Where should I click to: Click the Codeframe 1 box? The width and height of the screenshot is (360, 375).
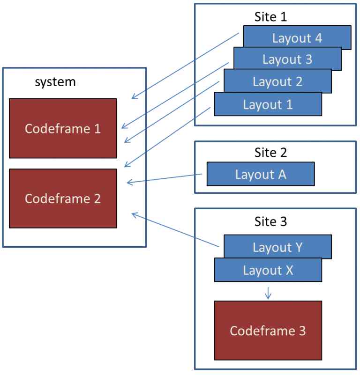(x=63, y=128)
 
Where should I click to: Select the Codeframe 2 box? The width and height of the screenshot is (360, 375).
(x=63, y=198)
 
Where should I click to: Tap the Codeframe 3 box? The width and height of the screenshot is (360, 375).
(x=268, y=331)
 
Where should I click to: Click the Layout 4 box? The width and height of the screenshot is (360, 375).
(x=297, y=38)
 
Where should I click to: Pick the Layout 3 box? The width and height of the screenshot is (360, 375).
(x=287, y=59)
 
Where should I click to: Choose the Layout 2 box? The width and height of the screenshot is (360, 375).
(x=277, y=81)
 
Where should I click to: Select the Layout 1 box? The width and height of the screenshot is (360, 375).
(x=268, y=104)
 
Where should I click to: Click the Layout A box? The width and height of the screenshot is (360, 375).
(x=260, y=174)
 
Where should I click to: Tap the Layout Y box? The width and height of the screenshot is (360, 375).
(x=277, y=247)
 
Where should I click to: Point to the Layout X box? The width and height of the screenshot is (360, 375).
(x=268, y=270)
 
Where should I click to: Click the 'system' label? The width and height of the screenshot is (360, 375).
(x=55, y=82)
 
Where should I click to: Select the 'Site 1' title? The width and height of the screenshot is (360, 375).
(x=270, y=17)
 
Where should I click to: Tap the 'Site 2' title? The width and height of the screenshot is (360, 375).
(x=270, y=152)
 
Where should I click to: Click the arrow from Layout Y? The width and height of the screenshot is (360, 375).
(x=176, y=230)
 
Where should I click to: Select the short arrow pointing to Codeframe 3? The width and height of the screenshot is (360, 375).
(x=268, y=293)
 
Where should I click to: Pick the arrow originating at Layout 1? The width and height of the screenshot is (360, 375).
(x=167, y=136)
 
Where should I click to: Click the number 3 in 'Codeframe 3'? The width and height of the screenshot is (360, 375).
(x=301, y=331)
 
